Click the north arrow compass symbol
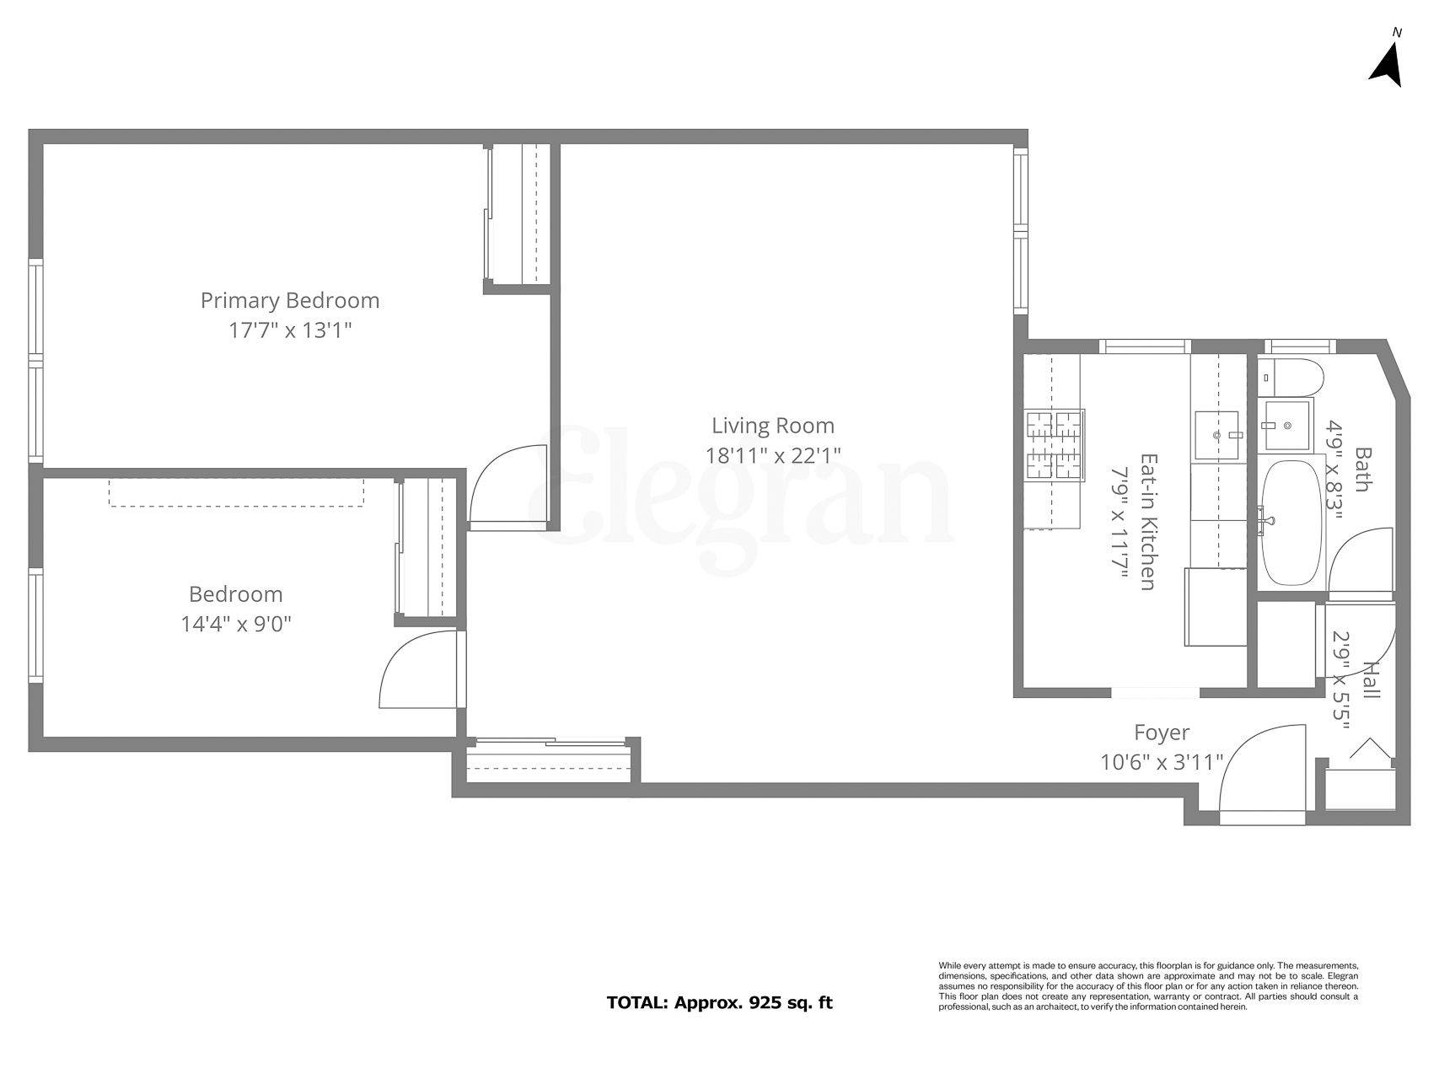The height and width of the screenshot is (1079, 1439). tap(1386, 64)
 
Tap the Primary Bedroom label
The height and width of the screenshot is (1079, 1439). tap(289, 300)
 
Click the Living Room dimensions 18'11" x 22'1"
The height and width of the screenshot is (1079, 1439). tap(773, 455)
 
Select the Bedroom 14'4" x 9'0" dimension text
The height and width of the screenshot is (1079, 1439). tap(236, 624)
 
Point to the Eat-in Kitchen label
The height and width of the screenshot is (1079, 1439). tap(1147, 522)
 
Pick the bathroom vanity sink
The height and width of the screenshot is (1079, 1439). tap(1286, 425)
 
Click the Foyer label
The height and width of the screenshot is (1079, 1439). tap(1161, 733)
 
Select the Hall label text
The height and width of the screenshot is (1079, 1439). tap(1372, 680)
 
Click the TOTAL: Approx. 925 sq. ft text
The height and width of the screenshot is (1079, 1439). tap(719, 1003)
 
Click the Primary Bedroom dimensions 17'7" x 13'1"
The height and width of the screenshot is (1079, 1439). tap(289, 330)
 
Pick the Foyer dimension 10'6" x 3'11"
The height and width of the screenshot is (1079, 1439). tap(1161, 762)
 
